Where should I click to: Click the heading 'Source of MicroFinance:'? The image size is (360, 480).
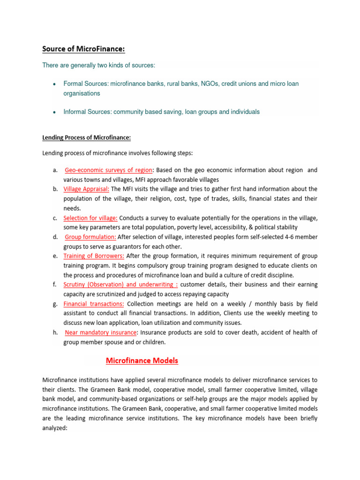(83, 49)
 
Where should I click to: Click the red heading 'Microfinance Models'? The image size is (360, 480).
(142, 360)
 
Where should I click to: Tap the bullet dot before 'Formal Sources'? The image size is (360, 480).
(54, 84)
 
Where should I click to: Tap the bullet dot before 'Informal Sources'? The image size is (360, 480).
(54, 112)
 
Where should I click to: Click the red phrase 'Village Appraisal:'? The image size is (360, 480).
(86, 189)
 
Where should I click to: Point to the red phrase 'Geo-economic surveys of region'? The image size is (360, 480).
(102, 170)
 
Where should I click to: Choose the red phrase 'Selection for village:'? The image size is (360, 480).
(90, 218)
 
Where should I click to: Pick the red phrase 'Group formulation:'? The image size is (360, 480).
(90, 237)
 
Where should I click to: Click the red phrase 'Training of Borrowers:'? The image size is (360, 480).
(94, 256)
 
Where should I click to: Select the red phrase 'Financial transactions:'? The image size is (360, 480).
(94, 304)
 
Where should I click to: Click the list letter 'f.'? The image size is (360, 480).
(55, 285)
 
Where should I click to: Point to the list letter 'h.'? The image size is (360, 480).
(55, 332)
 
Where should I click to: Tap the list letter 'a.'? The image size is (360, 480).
(55, 170)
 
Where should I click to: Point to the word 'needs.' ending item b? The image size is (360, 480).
(72, 208)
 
